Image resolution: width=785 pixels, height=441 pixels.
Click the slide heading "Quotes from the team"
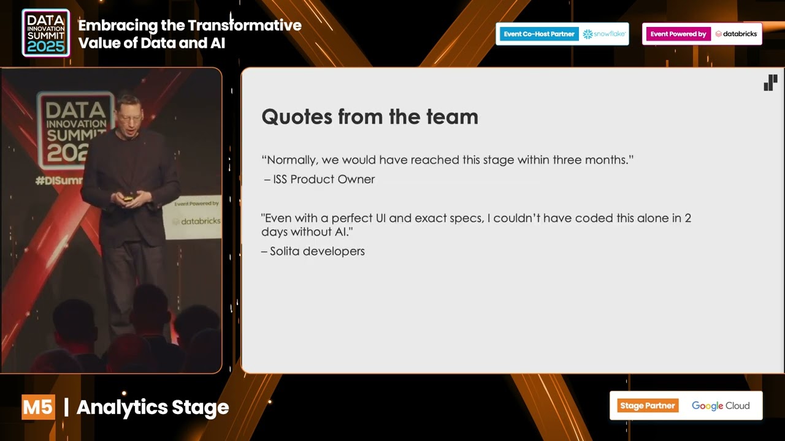(x=369, y=116)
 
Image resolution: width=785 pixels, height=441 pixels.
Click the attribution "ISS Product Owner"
(x=323, y=179)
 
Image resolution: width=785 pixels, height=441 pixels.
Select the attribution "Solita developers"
(x=317, y=251)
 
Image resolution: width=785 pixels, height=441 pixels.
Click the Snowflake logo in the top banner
(x=603, y=34)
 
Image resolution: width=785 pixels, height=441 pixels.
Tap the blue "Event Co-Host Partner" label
(x=538, y=34)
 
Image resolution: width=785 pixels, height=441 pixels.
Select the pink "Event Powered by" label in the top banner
(x=678, y=34)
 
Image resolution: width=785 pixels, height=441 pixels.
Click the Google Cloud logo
(x=721, y=405)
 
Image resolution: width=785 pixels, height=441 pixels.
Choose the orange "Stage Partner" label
(x=647, y=405)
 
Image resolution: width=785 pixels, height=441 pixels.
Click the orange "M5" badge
(x=38, y=407)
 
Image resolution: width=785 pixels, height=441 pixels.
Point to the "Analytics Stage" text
(x=153, y=407)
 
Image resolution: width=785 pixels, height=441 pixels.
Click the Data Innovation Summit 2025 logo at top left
(x=46, y=33)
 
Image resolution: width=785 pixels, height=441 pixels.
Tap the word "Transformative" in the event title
(x=245, y=26)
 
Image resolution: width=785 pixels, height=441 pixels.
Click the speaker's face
(x=131, y=114)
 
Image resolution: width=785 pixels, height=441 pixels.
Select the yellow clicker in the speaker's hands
(x=128, y=198)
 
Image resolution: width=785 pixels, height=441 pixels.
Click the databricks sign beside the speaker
(x=195, y=221)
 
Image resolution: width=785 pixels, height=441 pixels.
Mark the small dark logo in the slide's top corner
(x=770, y=83)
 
